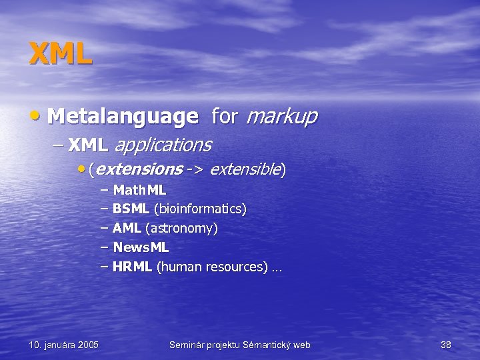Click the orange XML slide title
pyautogui.click(x=61, y=53)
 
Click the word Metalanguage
pyautogui.click(x=123, y=117)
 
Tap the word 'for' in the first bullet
pyautogui.click(x=224, y=117)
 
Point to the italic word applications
pyautogui.click(x=163, y=144)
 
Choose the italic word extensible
pyautogui.click(x=245, y=169)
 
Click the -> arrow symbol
pyautogui.click(x=195, y=169)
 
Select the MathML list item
pyautogui.click(x=139, y=190)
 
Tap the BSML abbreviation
pyautogui.click(x=131, y=209)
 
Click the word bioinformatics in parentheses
pyautogui.click(x=200, y=209)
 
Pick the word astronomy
pyautogui.click(x=181, y=229)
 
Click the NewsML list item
pyautogui.click(x=141, y=248)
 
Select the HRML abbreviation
pyautogui.click(x=132, y=267)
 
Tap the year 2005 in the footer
pyautogui.click(x=87, y=345)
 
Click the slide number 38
pyautogui.click(x=446, y=345)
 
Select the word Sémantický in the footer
pyautogui.click(x=262, y=345)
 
